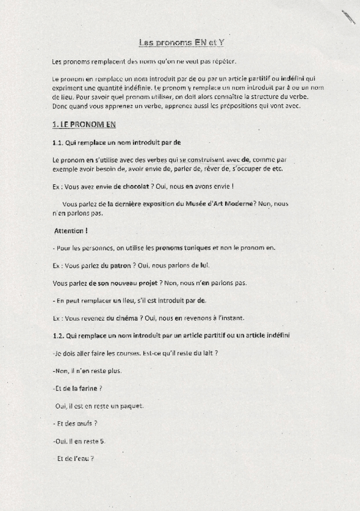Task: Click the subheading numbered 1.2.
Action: coord(171,335)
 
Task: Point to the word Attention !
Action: coord(71,231)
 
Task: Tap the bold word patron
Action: coord(120,265)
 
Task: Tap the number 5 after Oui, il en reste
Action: coord(102,442)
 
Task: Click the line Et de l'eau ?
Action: coord(75,459)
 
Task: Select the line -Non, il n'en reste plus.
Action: coord(87,371)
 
